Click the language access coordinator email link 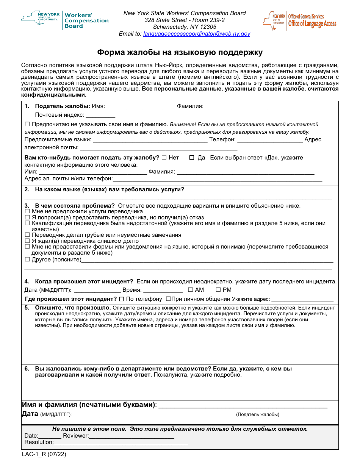[197, 34]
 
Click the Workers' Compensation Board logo [65, 20]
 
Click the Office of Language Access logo [299, 20]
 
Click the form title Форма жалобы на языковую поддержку [180, 52]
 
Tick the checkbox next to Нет [164, 158]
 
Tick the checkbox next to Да [192, 158]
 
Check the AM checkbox [190, 290]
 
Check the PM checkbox [218, 290]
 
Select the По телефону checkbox [121, 299]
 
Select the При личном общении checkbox [168, 299]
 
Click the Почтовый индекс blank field [100, 116]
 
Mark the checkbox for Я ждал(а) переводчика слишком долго [27, 241]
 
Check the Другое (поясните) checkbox [27, 260]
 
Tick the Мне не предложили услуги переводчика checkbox [27, 211]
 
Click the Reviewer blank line [131, 436]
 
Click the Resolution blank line [121, 443]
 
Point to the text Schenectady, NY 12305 [185, 27]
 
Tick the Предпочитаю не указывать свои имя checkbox [27, 124]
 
